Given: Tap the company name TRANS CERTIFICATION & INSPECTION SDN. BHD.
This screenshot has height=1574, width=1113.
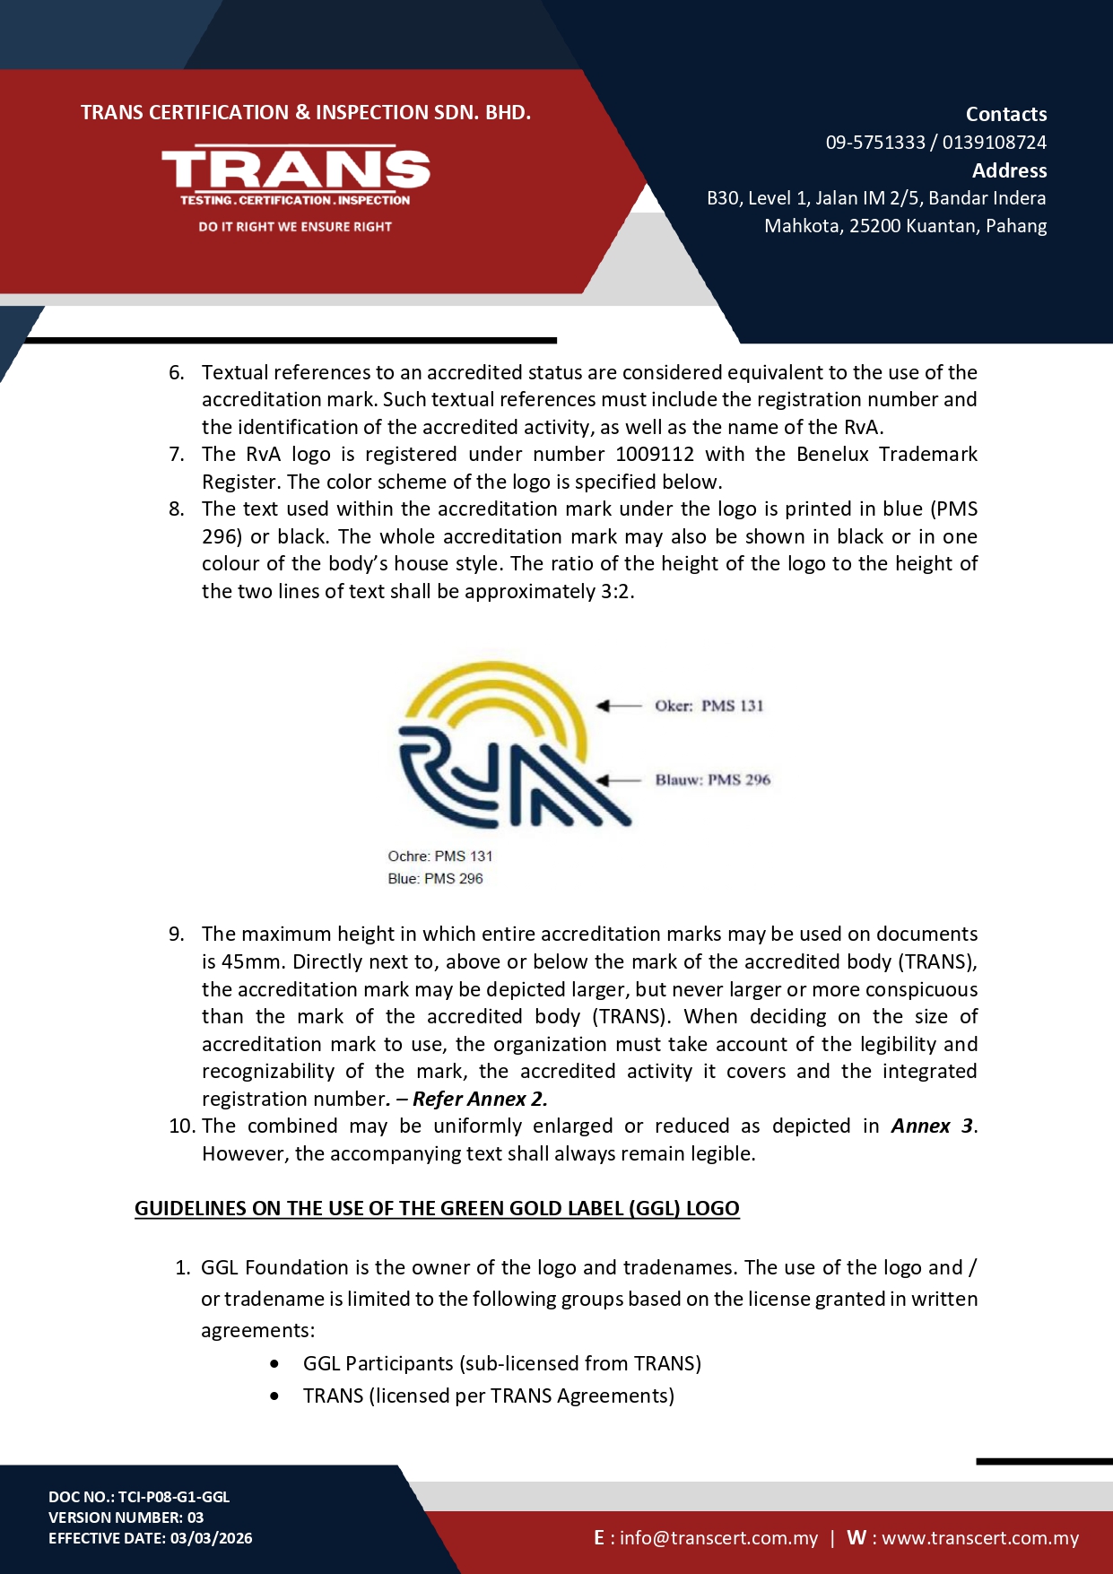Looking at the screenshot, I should tap(306, 113).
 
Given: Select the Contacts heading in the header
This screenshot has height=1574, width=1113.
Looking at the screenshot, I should tap(1005, 115).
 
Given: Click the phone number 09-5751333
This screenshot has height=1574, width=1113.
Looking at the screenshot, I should tap(874, 143).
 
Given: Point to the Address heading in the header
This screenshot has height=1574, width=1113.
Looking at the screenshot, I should tap(1009, 170).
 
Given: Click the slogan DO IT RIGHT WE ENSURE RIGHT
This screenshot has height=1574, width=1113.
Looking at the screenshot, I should tap(295, 227).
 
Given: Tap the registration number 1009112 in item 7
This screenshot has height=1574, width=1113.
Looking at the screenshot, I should tap(655, 455).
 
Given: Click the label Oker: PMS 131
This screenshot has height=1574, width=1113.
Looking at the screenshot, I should tap(709, 706).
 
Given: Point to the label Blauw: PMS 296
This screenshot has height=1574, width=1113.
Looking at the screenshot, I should tap(712, 780).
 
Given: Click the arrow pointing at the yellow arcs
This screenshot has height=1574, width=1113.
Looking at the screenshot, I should tap(619, 706).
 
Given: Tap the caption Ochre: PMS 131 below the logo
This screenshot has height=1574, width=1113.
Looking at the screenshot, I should tap(439, 857).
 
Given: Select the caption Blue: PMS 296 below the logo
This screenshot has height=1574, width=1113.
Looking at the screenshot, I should tap(435, 879).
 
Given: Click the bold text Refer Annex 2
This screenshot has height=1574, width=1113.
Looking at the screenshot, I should tap(480, 1100).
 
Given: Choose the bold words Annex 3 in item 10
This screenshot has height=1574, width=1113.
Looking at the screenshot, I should tap(932, 1126).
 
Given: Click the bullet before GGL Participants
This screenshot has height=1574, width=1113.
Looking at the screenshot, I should tap(274, 1364).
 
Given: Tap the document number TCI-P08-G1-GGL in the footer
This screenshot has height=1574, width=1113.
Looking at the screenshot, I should tap(174, 1497).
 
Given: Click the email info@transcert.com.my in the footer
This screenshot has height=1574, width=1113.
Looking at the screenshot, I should tap(718, 1538).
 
